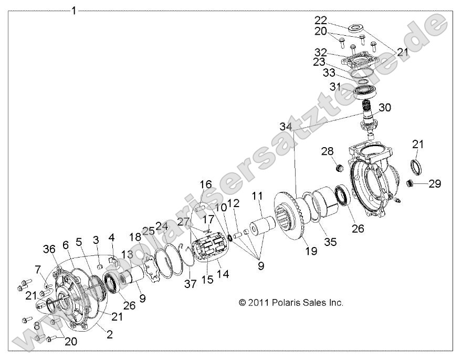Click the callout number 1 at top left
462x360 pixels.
click(x=74, y=10)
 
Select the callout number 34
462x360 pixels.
click(x=286, y=127)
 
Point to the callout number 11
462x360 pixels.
click(x=257, y=196)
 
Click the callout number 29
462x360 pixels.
click(x=435, y=184)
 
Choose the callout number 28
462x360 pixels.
click(x=328, y=152)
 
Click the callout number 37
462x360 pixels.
click(x=190, y=284)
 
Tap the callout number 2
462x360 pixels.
click(x=109, y=335)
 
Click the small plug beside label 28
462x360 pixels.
click(x=339, y=169)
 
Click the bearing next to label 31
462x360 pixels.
click(x=365, y=91)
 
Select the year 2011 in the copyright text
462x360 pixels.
click(x=259, y=303)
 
